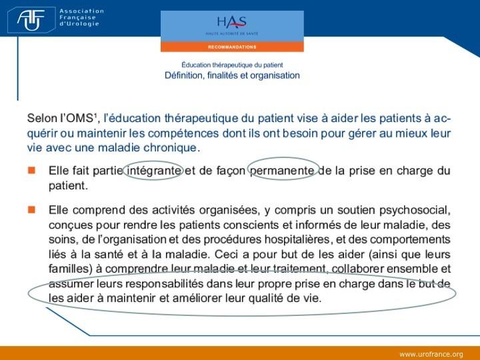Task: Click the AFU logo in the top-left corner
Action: click(x=31, y=19)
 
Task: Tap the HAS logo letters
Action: click(x=232, y=22)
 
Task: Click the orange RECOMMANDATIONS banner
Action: click(x=232, y=47)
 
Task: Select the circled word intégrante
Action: click(x=153, y=171)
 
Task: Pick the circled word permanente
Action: click(x=282, y=171)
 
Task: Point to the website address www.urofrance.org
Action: click(x=431, y=354)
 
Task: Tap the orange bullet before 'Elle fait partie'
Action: click(x=31, y=170)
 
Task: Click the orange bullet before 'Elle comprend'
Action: click(x=31, y=210)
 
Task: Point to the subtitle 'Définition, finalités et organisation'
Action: click(x=232, y=75)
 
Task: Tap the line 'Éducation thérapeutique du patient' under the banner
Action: click(x=232, y=65)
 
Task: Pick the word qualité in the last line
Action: click(x=266, y=298)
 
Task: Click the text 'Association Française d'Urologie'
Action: click(x=82, y=17)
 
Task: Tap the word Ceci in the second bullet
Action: click(x=227, y=254)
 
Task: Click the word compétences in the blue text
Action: click(x=183, y=133)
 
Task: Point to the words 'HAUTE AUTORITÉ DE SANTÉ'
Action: click(x=232, y=33)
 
